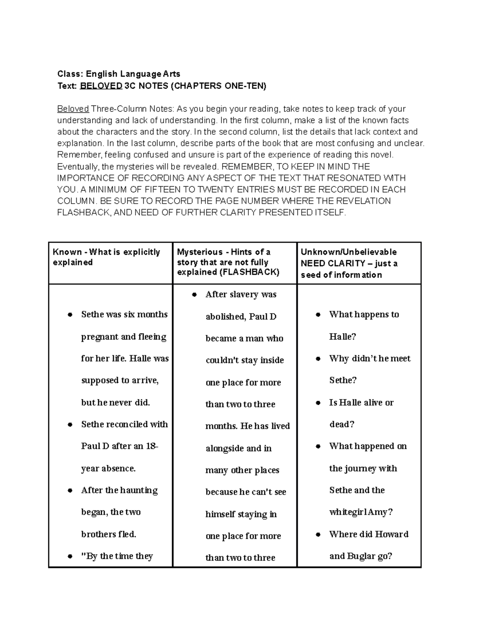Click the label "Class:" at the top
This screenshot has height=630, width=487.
(70, 74)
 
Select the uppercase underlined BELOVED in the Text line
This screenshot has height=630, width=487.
(101, 86)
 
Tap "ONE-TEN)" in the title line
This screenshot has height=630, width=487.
(249, 86)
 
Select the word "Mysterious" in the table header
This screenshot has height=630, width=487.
(200, 252)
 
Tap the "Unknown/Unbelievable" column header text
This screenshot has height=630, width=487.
(349, 252)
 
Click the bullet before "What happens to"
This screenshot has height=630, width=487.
(318, 315)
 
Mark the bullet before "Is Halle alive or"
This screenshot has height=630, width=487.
(318, 403)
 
